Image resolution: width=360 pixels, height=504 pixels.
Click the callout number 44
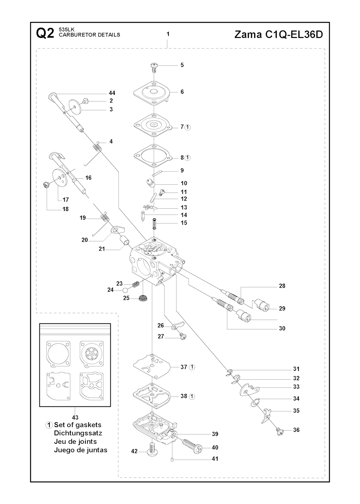tap(112, 93)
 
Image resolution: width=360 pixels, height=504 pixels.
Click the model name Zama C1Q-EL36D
tap(278, 34)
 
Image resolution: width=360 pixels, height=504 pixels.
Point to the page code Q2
tap(45, 34)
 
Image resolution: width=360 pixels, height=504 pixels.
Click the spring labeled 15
tap(154, 223)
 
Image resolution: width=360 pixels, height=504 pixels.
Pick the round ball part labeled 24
tap(125, 290)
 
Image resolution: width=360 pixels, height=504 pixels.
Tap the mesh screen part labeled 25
tap(143, 298)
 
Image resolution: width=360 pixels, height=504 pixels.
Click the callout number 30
tap(282, 328)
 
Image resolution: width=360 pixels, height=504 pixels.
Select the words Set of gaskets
tap(77, 425)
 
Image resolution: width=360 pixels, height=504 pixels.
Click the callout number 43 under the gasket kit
tap(75, 418)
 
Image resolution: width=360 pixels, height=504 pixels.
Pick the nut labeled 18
tap(46, 185)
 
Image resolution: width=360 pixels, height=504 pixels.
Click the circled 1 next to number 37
tap(192, 367)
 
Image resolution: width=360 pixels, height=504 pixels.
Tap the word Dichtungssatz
tap(78, 433)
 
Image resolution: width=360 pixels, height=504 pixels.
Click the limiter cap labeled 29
tap(262, 304)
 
